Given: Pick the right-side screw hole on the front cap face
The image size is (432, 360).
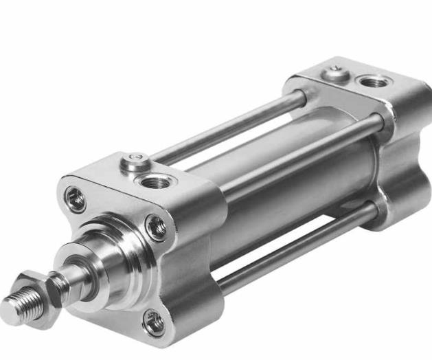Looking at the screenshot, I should pyautogui.click(x=157, y=227).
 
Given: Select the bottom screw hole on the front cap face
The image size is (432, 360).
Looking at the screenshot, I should pyautogui.click(x=153, y=322).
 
